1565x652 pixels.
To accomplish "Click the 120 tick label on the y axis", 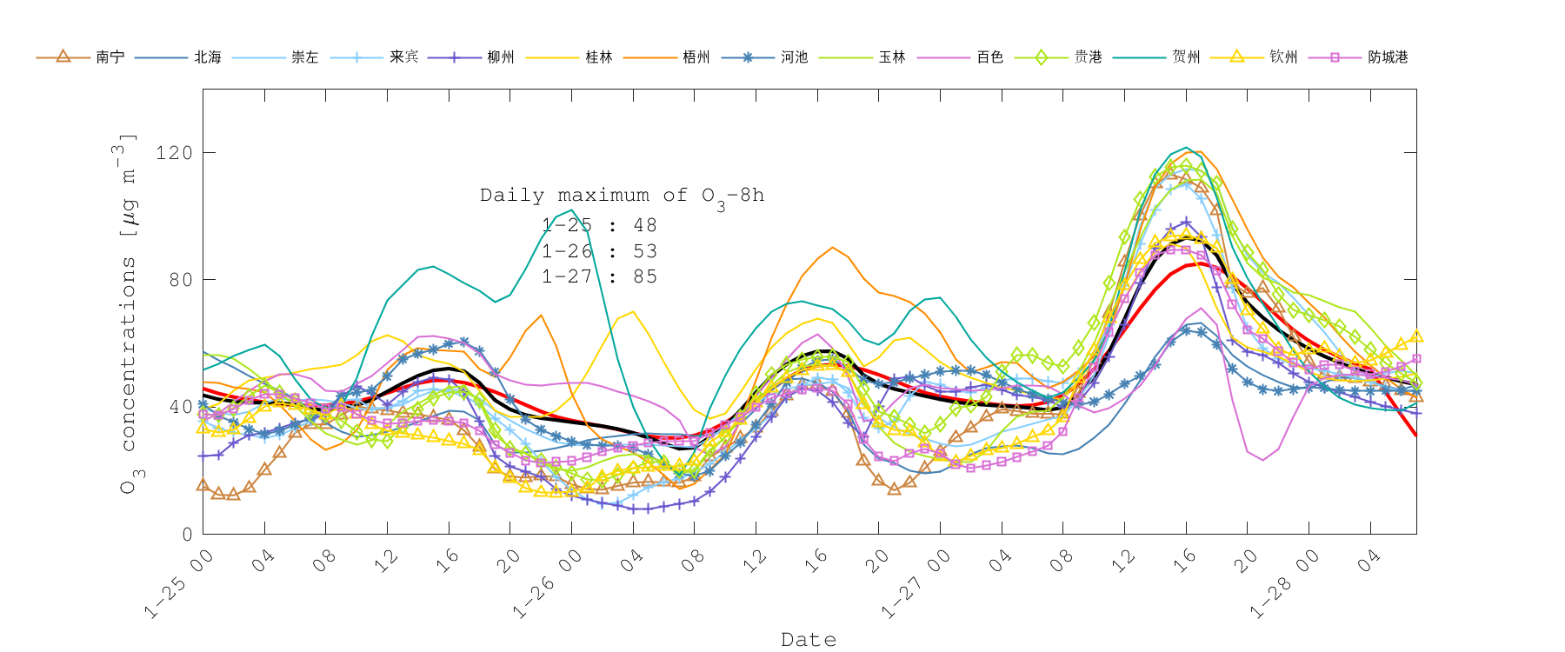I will pyautogui.click(x=174, y=153).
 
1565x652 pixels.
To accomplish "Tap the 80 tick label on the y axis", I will pyautogui.click(x=180, y=280).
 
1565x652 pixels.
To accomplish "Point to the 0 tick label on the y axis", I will pyautogui.click(x=187, y=535).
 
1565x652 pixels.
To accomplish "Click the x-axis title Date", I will pyautogui.click(x=809, y=640).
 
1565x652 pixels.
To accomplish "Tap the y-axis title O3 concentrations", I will pyautogui.click(x=128, y=313).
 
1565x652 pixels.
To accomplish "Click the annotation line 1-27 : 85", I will pyautogui.click(x=599, y=276).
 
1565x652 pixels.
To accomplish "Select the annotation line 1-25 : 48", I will pyautogui.click(x=599, y=225).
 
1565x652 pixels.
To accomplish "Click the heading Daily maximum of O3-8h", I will pyautogui.click(x=622, y=196).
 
